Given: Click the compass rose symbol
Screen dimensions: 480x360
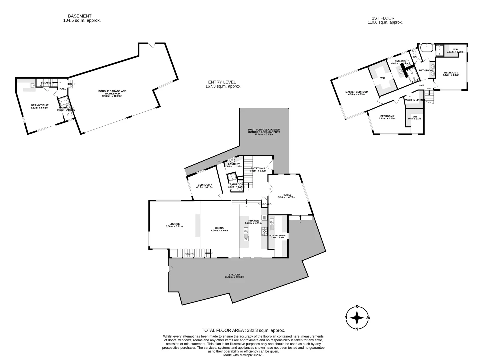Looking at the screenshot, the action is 357,318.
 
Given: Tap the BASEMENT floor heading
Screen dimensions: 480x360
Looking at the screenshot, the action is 80,16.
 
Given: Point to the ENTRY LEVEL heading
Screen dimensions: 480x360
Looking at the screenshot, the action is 222,82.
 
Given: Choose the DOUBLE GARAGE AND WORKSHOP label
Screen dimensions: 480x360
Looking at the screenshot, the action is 112,92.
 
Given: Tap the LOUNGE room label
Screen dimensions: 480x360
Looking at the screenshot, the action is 174,224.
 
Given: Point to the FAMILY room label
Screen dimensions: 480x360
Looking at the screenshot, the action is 287,195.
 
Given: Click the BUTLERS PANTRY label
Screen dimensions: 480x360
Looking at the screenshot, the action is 278,235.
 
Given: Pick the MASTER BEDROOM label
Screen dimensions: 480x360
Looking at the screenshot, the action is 357,92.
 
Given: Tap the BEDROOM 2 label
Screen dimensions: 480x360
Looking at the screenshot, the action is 388,116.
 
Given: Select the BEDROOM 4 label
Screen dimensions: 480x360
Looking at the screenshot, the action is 205,185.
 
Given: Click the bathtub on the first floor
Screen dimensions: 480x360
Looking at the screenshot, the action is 426,48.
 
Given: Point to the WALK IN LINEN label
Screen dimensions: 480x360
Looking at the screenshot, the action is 414,100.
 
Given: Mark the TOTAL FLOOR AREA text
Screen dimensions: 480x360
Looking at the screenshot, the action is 243,330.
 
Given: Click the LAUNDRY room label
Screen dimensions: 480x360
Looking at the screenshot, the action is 234,164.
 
